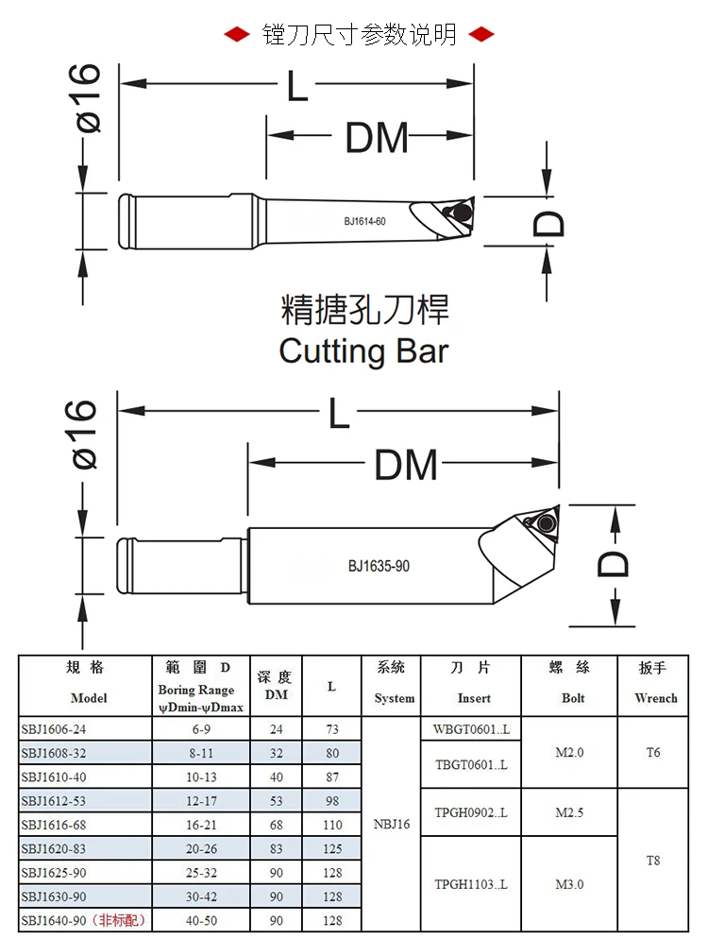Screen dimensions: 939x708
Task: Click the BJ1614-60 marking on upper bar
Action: point(364,222)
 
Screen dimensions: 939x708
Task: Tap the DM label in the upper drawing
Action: point(377,139)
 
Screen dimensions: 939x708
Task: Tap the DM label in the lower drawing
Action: point(406,465)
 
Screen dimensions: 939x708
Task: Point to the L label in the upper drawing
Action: point(297,88)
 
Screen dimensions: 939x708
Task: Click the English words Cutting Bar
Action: point(363,351)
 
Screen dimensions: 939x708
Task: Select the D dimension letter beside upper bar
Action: point(549,223)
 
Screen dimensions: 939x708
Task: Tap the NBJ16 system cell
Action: point(394,825)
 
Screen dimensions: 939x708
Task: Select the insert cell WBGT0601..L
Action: point(471,729)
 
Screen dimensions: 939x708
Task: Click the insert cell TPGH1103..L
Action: point(471,884)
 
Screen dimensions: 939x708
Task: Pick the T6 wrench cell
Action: point(653,753)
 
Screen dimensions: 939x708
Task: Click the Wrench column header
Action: point(655,698)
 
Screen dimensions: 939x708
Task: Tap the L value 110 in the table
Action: point(332,825)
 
